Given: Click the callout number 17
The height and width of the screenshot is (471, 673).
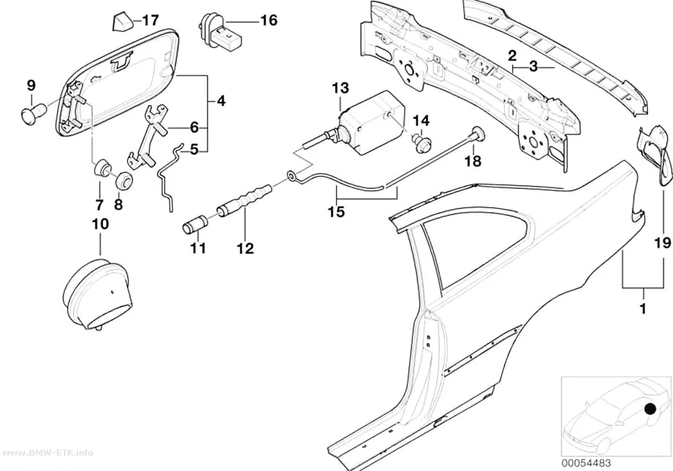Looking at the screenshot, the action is coord(151,20).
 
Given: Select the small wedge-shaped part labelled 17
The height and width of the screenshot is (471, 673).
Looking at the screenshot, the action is coord(120,21).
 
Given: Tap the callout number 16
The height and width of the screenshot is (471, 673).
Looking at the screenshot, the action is coord(269,20).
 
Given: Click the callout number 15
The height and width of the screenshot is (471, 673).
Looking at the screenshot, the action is coord(337,211).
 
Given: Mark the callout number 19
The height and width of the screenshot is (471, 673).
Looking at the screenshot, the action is coord(662,243).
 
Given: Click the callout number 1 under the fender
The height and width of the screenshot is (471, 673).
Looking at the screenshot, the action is coord(642,308).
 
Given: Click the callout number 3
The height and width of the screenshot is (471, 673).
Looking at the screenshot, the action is coord(533,67).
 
